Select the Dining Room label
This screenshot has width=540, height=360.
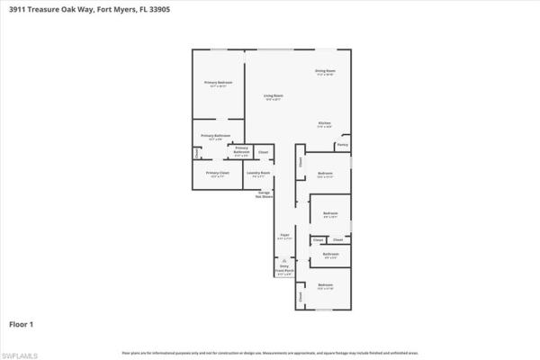325,71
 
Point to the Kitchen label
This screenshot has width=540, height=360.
324,123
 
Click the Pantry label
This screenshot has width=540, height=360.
342,144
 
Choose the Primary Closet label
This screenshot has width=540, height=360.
216,173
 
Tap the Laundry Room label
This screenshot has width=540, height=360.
258,173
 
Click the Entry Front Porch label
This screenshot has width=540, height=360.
283,267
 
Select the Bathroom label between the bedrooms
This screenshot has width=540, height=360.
329,255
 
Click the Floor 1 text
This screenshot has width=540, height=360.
22,322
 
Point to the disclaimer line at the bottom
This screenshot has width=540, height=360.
270,352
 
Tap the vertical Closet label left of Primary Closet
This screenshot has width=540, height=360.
196,152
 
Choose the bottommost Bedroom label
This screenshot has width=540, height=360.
325,287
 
